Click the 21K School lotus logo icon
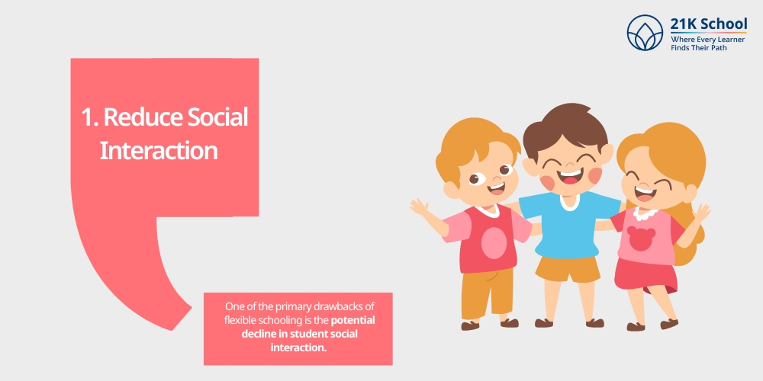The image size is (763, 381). [645, 32]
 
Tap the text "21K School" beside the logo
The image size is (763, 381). [709, 24]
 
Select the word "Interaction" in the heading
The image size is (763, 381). [159, 150]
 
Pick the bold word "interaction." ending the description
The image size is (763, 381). [298, 347]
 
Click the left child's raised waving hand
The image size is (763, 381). [418, 206]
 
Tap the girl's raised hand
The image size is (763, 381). [701, 212]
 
